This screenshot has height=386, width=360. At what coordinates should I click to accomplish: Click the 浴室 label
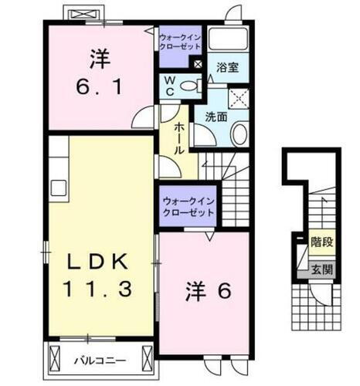(227, 68)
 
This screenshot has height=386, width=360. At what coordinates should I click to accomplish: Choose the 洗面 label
(216, 117)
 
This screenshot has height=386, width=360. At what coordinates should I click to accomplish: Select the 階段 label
(322, 242)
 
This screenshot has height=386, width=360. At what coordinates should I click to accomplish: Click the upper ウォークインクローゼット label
(179, 40)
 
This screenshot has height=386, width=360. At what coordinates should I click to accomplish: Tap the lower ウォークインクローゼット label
(188, 208)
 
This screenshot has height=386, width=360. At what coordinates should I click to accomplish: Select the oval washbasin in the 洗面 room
(239, 134)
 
